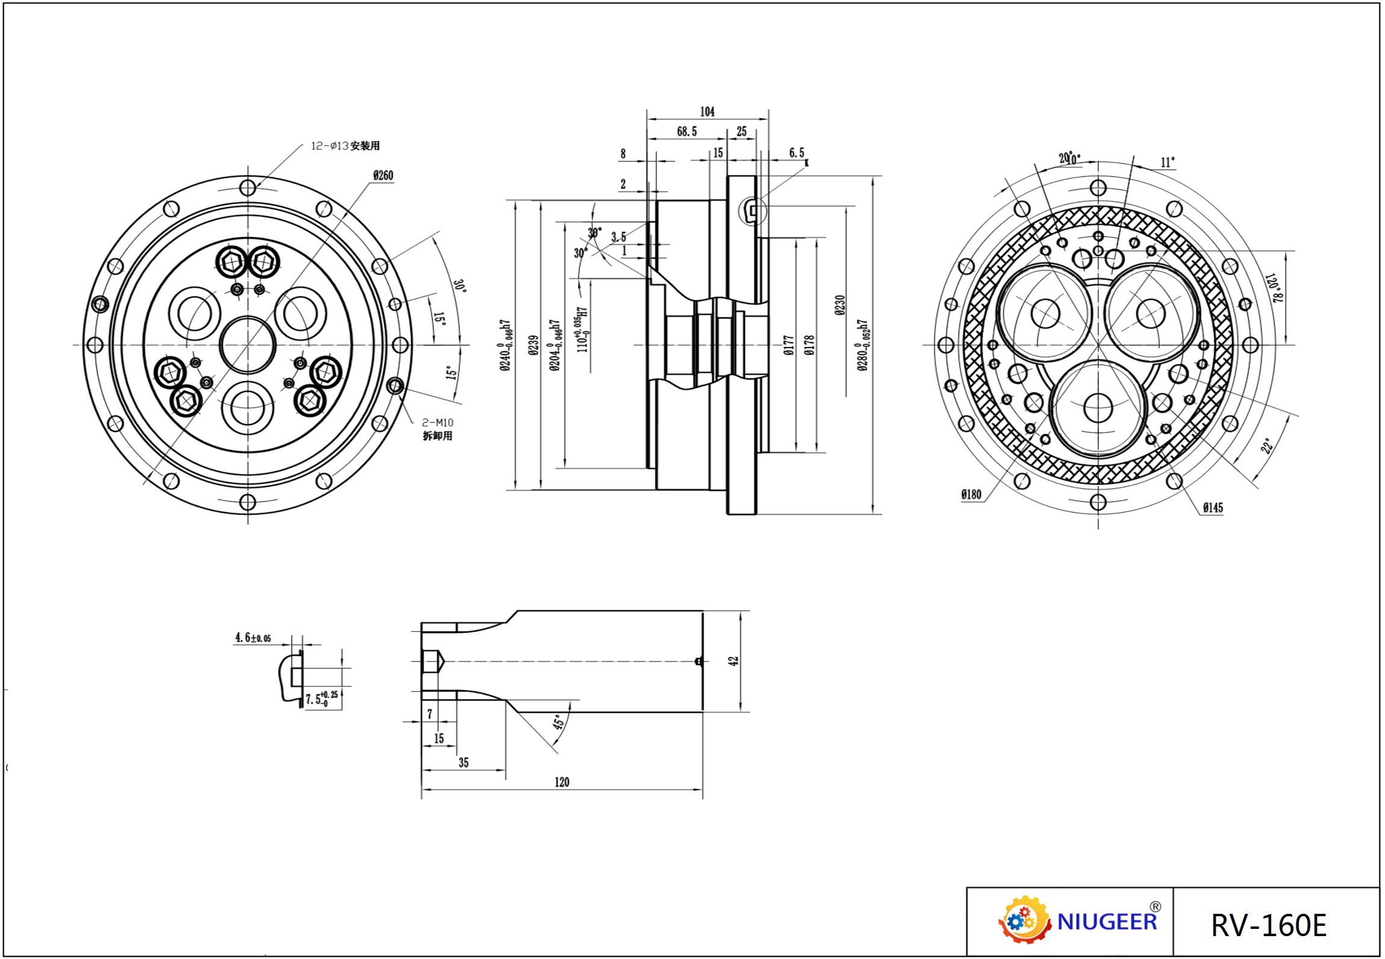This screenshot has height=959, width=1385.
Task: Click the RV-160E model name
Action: coord(1268,925)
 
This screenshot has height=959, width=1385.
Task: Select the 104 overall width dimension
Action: coord(707,111)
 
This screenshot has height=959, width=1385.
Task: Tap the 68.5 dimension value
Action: coord(686,131)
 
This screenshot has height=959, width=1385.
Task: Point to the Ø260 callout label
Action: coord(383,175)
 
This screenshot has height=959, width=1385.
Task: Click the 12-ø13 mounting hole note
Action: coord(345,146)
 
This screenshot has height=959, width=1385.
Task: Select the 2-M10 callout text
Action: coord(438,423)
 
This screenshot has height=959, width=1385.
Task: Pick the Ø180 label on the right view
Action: coord(971,495)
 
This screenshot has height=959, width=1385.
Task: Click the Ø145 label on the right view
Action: coord(1213,508)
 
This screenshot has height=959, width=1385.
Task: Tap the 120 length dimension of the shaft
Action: coord(561,782)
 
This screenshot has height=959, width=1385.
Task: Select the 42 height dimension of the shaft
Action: coord(733,661)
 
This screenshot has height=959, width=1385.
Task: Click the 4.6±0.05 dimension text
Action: coord(253,637)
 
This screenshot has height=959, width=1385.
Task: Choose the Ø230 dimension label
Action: coord(841,305)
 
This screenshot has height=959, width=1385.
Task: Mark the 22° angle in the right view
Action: coord(1266,446)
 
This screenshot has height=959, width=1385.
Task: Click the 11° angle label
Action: coord(1167,163)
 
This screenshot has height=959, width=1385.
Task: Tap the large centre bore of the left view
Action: coord(248,345)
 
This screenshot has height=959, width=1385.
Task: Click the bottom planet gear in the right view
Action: coord(1098,408)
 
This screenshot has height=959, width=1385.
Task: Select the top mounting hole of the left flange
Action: coord(248,188)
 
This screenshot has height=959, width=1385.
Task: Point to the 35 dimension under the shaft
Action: coord(463,763)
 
